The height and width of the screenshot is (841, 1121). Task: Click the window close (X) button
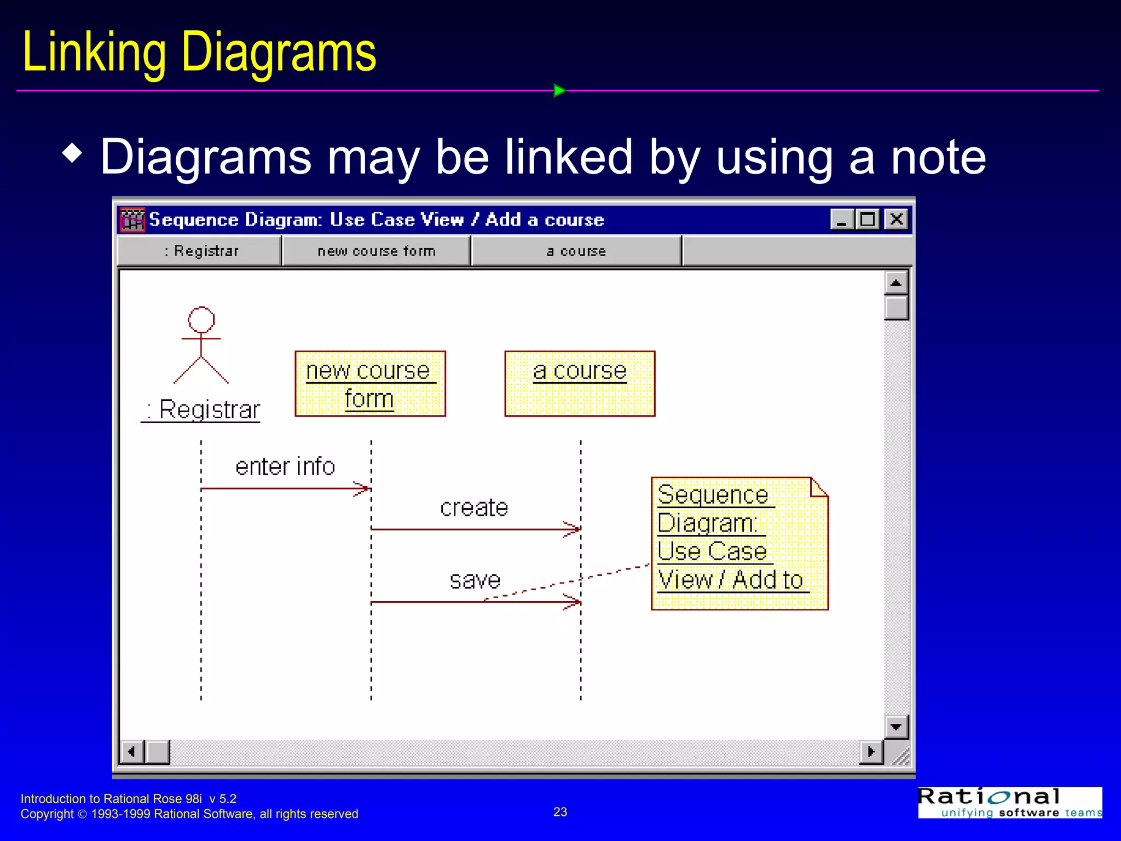[x=896, y=220]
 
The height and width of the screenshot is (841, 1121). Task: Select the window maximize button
[x=867, y=220]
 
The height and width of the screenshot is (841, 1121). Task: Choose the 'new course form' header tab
[x=376, y=251]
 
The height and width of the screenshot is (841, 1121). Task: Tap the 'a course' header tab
[x=576, y=251]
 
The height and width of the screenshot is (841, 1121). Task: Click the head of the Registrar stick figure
[x=201, y=319]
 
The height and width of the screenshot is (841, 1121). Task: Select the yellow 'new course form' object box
[x=370, y=384]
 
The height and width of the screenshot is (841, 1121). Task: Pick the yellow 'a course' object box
[x=579, y=384]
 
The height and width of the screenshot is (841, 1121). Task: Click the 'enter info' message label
[x=285, y=467]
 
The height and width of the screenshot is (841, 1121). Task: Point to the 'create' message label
[x=474, y=508]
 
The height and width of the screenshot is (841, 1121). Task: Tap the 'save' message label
[x=475, y=580]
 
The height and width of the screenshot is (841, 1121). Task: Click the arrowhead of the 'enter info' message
[x=364, y=488]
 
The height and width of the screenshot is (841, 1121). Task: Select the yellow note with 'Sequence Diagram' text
[x=739, y=543]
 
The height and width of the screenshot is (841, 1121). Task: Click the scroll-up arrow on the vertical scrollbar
[x=896, y=283]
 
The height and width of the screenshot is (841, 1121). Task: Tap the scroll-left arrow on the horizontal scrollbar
[x=131, y=752]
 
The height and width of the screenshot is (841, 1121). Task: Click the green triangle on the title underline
[x=559, y=90]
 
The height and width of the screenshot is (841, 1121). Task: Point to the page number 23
[x=560, y=812]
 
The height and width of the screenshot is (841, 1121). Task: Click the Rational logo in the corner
[x=1009, y=802]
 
